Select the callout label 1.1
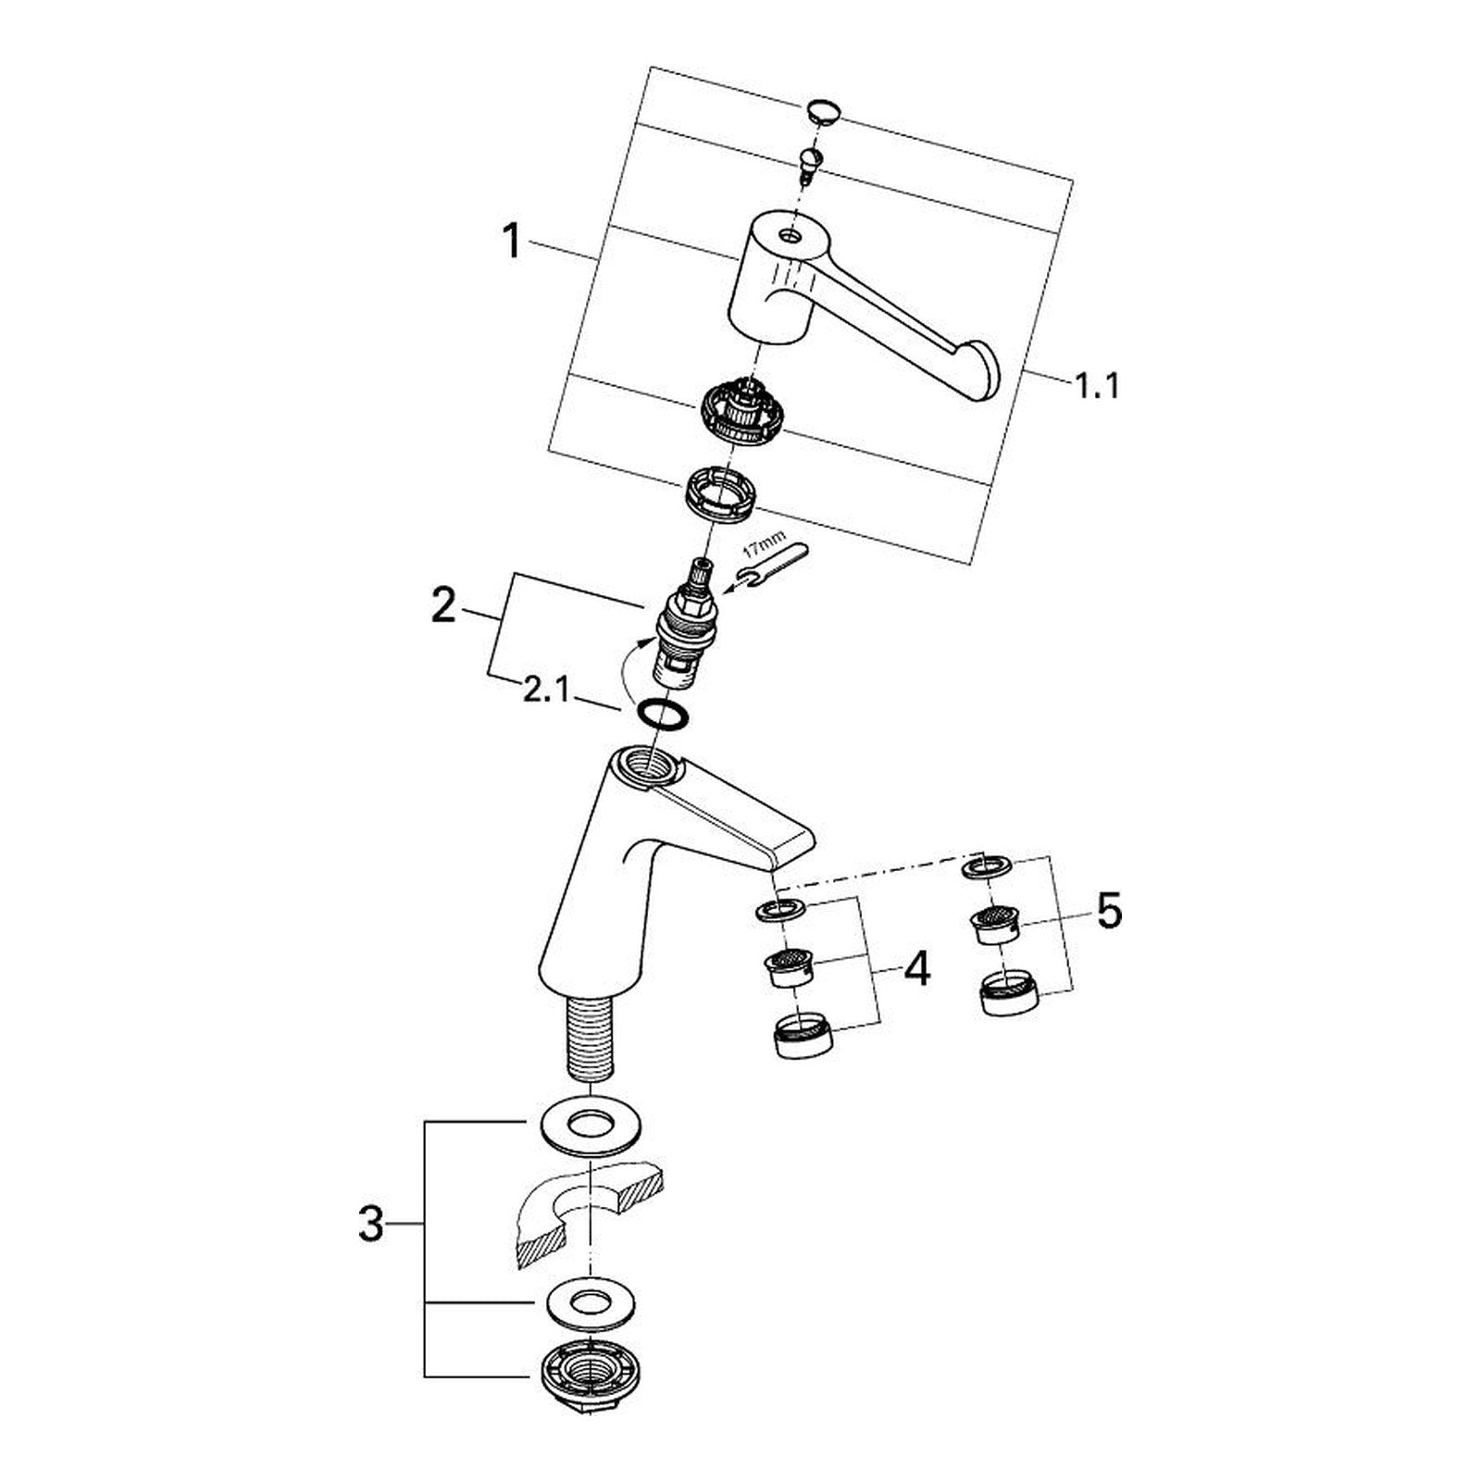pos(1097,384)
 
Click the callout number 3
pos(371,1225)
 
